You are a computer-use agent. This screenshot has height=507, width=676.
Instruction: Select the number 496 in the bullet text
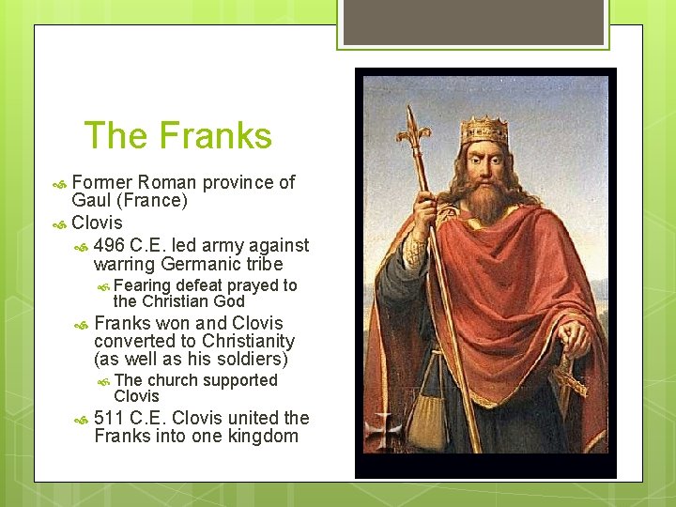(111, 245)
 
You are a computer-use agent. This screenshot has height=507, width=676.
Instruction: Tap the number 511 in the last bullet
(111, 418)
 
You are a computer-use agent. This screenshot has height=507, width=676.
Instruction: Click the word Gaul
(92, 201)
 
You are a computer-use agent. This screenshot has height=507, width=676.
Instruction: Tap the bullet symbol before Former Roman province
(60, 183)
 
